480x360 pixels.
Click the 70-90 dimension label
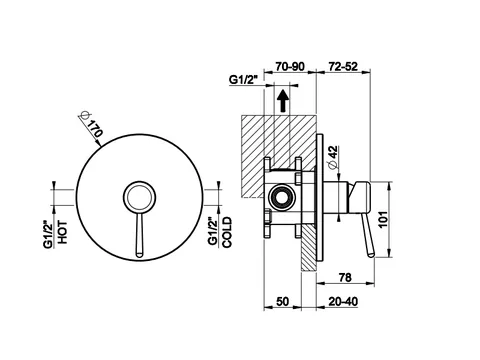coord(290,66)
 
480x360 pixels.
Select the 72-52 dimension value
coord(343,66)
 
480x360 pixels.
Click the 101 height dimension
coord(383,219)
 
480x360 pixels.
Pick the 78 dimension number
coord(345,277)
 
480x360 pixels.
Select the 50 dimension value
coord(282,301)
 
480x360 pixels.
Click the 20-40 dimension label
coord(343,301)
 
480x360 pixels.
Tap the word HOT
coord(62,232)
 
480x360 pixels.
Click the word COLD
coord(227,232)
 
